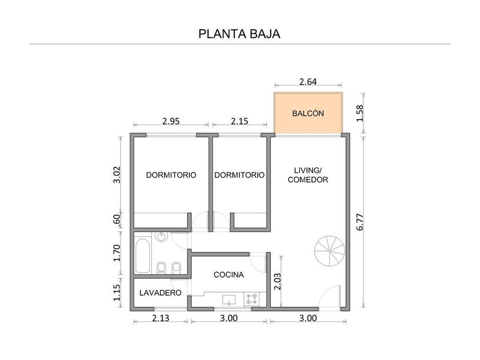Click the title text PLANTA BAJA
pyautogui.click(x=239, y=34)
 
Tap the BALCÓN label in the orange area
pyautogui.click(x=308, y=113)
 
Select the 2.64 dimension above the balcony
pyautogui.click(x=308, y=82)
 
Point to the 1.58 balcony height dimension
pyautogui.click(x=360, y=113)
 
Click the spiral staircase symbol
pyautogui.click(x=330, y=249)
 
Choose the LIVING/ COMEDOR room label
pyautogui.click(x=308, y=175)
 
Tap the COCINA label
pyautogui.click(x=229, y=275)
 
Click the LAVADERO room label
pyautogui.click(x=161, y=293)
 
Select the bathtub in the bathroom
pyautogui.click(x=141, y=256)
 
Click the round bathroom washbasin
pyautogui.click(x=162, y=237)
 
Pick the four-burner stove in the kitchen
pyautogui.click(x=251, y=298)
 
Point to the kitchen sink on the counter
pyautogui.click(x=230, y=298)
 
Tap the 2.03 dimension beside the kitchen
pyautogui.click(x=277, y=281)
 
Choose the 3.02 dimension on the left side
pyautogui.click(x=118, y=174)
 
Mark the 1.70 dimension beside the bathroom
pyautogui.click(x=118, y=252)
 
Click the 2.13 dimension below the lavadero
pyautogui.click(x=161, y=318)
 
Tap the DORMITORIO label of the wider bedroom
pyautogui.click(x=171, y=175)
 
